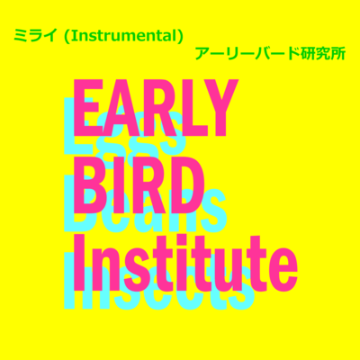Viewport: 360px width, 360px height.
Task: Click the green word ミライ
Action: tap(35, 38)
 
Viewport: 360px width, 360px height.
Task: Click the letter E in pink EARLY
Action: tap(89, 109)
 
